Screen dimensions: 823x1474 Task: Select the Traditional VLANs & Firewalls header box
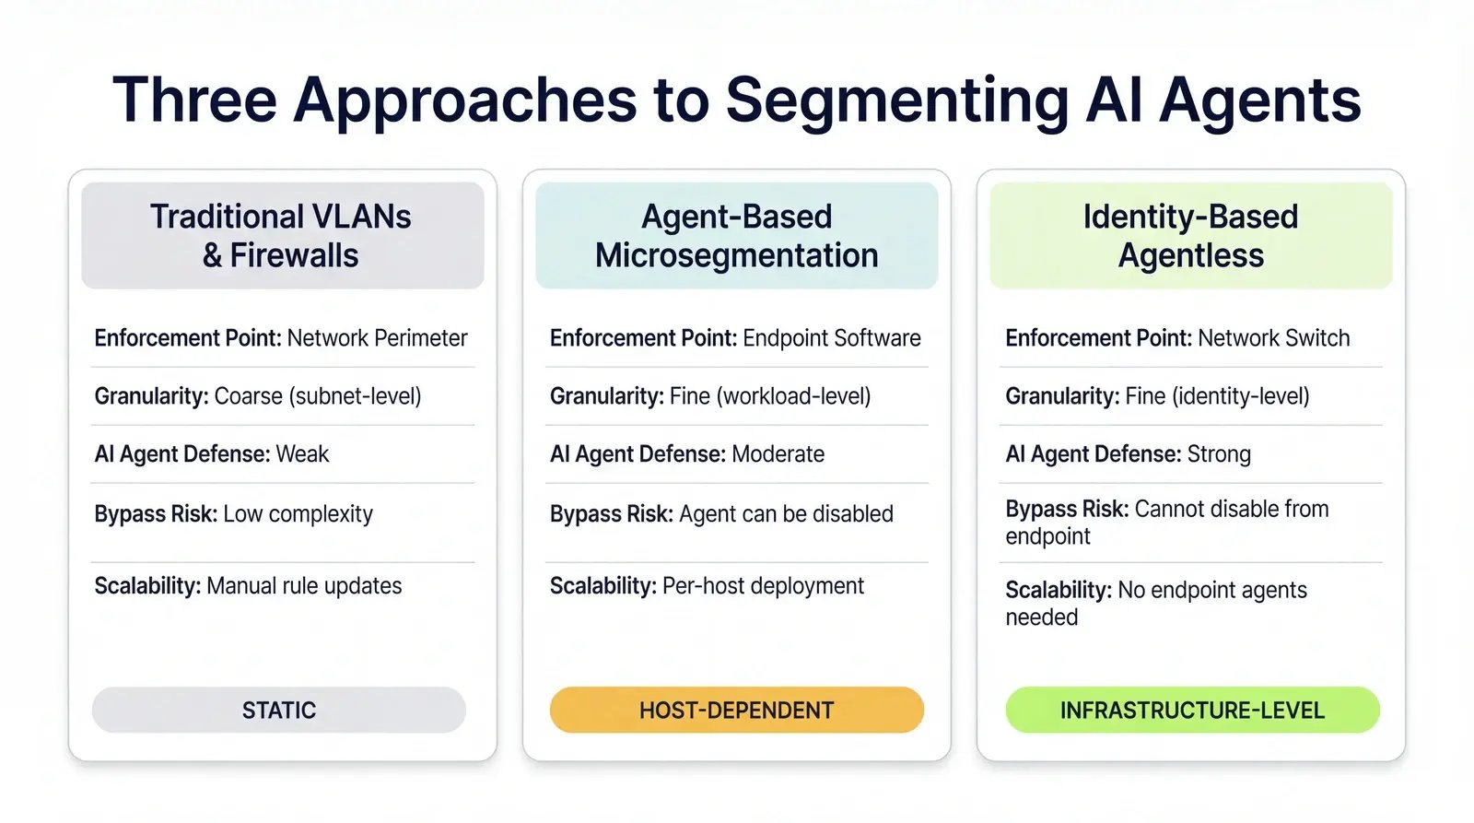(x=282, y=236)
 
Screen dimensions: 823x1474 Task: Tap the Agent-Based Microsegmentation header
(x=736, y=236)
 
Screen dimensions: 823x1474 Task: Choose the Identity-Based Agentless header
(x=1190, y=236)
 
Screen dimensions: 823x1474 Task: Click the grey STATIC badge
(x=278, y=710)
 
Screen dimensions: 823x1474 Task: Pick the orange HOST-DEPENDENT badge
(x=736, y=710)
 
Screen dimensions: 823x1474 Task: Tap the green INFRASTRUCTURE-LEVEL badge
(x=1192, y=710)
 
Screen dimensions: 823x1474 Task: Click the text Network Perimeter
(x=377, y=338)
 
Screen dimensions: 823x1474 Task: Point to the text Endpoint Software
(x=831, y=338)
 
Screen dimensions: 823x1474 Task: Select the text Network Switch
(x=1273, y=338)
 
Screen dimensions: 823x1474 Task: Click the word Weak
(x=302, y=454)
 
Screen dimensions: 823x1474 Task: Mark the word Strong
(x=1219, y=454)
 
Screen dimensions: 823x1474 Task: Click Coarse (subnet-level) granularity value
(x=317, y=396)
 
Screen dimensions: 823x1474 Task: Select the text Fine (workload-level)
(x=769, y=396)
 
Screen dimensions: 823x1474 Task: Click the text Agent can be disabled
(x=786, y=514)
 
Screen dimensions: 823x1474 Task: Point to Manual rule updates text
(x=304, y=586)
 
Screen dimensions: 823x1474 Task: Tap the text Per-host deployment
(x=763, y=586)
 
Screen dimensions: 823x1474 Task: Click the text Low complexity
(x=298, y=514)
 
